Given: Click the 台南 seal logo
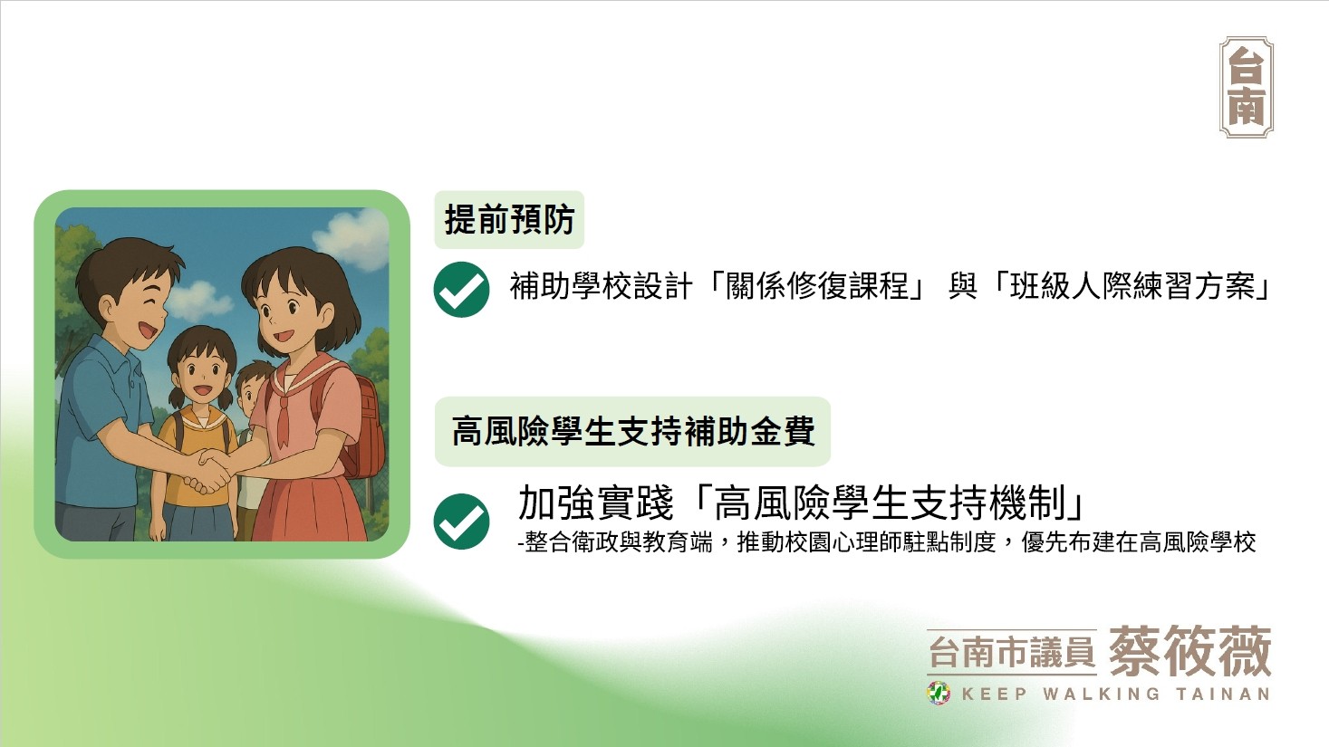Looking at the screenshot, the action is tap(1246, 87).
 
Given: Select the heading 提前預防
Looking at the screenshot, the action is tap(510, 220).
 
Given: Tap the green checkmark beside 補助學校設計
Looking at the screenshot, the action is tap(462, 290).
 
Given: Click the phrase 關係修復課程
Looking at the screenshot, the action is tap(817, 286).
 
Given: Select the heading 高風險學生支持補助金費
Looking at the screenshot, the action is tap(633, 431).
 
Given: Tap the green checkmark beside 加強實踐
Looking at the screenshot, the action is tap(462, 522).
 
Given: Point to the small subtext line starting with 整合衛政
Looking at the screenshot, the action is tap(887, 542).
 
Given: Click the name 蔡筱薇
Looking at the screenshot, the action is tap(1190, 651).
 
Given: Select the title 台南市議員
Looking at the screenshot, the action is tap(1012, 652).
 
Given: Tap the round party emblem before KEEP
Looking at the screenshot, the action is tap(939, 693).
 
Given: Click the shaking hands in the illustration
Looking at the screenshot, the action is tap(209, 472).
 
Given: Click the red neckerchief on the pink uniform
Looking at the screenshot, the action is tap(284, 415).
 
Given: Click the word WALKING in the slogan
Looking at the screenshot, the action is tap(1102, 694).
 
